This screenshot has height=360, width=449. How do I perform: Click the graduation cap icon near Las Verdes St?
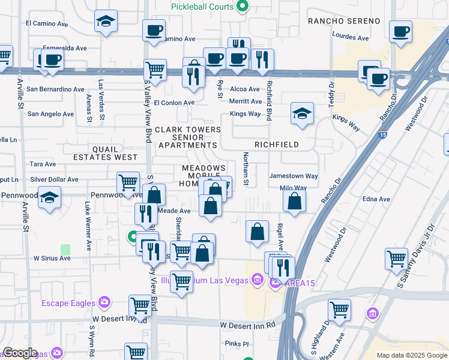(106, 22)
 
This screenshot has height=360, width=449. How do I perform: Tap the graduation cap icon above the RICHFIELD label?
(302, 113)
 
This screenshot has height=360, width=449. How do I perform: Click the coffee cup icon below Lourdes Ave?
(400, 32)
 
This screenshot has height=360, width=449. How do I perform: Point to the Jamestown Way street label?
(294, 176)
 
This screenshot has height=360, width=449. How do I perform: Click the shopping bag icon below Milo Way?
(294, 202)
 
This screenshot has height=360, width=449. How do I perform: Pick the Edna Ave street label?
(376, 199)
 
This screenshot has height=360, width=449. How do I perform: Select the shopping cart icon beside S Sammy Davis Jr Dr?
(397, 259)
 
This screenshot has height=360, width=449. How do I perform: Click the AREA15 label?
(300, 283)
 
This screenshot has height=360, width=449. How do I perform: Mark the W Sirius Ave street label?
(52, 258)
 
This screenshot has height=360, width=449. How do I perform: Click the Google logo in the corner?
(20, 353)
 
